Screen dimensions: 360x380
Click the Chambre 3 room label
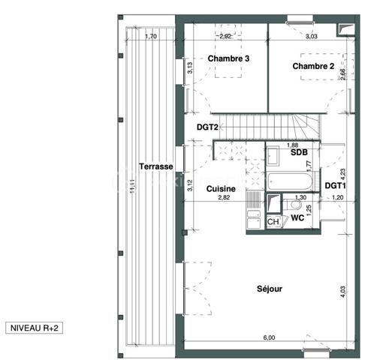tap(228, 58)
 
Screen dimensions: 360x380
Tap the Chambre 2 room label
tap(313, 66)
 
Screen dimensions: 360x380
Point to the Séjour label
tap(269, 289)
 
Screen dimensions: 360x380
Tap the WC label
tap(297, 218)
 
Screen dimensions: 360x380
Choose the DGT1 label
tap(335, 185)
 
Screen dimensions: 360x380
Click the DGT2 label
tap(207, 127)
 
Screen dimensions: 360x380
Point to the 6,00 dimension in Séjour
tap(269, 337)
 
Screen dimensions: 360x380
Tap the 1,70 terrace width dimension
tap(150, 36)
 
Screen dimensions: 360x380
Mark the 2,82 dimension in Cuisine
tap(223, 198)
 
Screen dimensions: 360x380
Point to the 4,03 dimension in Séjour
tap(342, 290)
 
